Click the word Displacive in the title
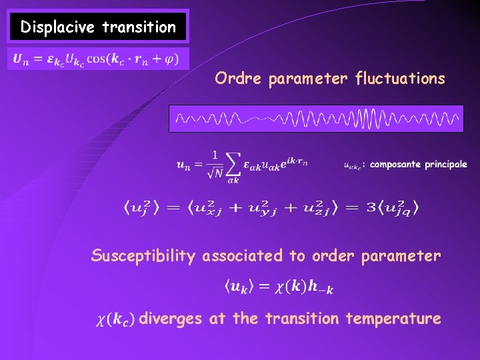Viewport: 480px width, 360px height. pos(58,27)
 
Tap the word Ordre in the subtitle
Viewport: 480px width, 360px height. pos(238,79)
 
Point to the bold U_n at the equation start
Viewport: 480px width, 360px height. pos(19,59)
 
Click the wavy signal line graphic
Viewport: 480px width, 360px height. pos(316,119)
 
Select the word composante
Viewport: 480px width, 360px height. pos(396,164)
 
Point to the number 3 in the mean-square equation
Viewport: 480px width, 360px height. pos(371,208)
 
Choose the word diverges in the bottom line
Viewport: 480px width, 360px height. pos(171,319)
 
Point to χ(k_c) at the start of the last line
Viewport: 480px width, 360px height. pos(116,319)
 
